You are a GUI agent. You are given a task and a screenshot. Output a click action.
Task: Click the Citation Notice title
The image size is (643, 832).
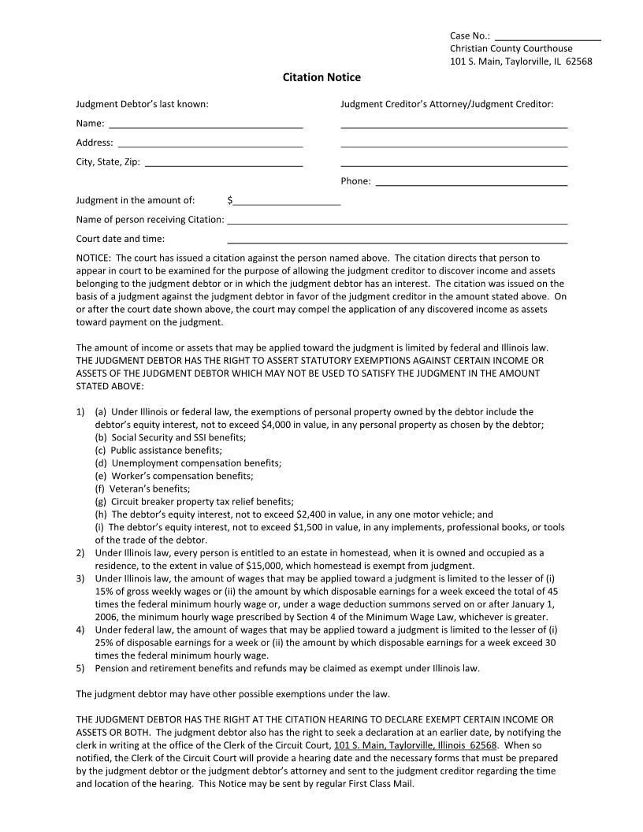[x=321, y=77]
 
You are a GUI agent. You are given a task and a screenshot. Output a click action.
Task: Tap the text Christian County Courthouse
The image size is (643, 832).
[x=511, y=49]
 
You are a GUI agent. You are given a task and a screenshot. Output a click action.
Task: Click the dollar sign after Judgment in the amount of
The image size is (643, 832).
[x=229, y=200]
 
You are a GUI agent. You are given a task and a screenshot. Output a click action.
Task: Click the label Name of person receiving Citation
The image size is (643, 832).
[x=150, y=220]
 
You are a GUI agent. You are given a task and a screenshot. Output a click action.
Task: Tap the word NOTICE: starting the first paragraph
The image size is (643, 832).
[x=93, y=258]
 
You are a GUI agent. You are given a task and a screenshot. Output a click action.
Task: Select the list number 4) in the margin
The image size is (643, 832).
[x=80, y=630]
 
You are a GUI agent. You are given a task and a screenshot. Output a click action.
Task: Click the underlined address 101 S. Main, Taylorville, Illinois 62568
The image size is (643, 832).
[x=415, y=745]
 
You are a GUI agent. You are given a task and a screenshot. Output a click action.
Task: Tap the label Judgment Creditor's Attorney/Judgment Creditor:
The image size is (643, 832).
[x=447, y=104]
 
